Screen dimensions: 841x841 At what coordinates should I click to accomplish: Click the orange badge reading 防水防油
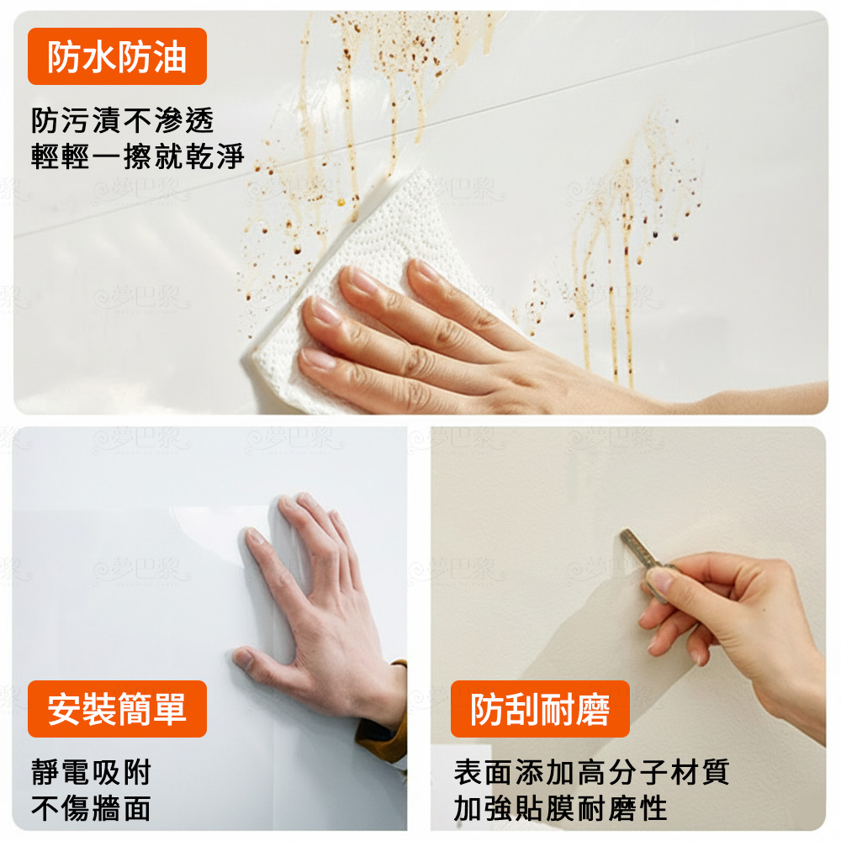117,57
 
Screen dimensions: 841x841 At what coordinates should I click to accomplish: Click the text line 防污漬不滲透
123,121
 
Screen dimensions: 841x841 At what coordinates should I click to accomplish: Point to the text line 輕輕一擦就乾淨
137,156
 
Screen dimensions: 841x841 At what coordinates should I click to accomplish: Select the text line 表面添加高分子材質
591,772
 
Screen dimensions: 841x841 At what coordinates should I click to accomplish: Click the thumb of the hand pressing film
252,660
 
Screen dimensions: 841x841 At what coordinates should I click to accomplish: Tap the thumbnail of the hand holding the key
661,581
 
